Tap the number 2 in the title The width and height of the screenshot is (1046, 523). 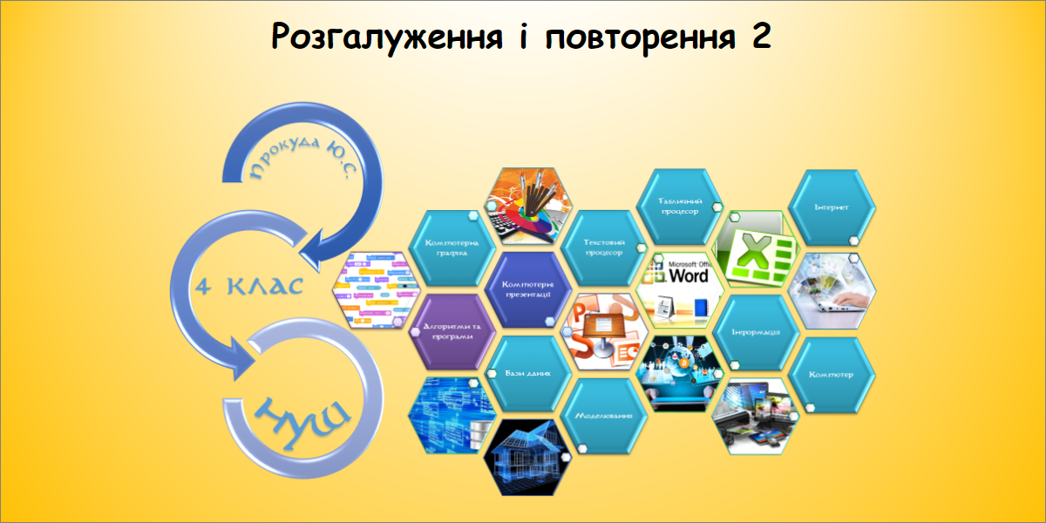pyautogui.click(x=760, y=37)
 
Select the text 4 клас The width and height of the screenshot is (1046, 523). pyautogui.click(x=248, y=285)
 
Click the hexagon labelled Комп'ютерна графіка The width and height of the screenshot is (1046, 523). pyautogui.click(x=451, y=248)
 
